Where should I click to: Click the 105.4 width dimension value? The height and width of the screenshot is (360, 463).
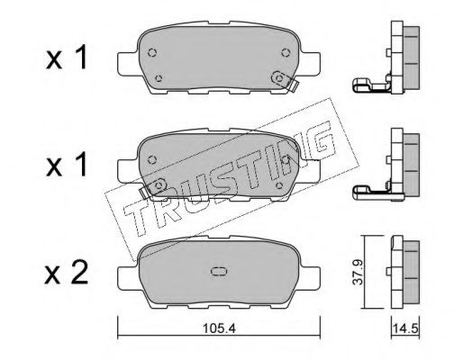tap(219, 328)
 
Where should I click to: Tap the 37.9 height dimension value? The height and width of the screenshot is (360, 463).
tap(358, 272)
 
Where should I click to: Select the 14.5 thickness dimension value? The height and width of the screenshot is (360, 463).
tap(405, 328)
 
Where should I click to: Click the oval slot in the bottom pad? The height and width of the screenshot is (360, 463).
tap(220, 272)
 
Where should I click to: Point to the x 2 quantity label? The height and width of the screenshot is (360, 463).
tap(67, 273)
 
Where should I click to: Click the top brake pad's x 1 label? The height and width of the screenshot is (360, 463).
tap(67, 57)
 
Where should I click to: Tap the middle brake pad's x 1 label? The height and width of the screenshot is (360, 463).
tap(67, 165)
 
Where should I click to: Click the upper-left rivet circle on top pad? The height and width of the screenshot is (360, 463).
tap(152, 52)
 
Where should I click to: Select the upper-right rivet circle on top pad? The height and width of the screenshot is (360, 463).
tap(286, 52)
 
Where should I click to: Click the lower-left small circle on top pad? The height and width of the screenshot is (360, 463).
tap(159, 78)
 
